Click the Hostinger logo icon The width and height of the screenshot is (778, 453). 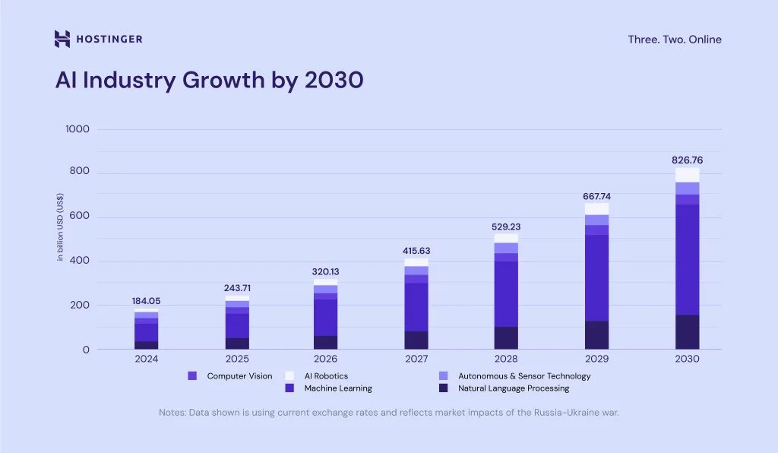click(x=62, y=39)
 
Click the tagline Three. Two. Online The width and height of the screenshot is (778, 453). click(x=675, y=40)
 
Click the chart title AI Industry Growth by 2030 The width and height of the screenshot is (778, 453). click(x=209, y=80)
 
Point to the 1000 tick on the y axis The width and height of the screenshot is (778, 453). click(x=77, y=129)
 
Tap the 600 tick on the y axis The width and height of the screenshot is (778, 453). click(x=80, y=217)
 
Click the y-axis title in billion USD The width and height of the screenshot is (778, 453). click(x=60, y=227)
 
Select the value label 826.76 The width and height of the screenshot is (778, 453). click(x=687, y=160)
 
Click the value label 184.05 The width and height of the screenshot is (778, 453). click(x=146, y=301)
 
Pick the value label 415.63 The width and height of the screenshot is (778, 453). click(x=416, y=251)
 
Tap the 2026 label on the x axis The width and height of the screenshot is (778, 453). click(x=326, y=359)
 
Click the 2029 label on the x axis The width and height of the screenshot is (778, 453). click(x=596, y=359)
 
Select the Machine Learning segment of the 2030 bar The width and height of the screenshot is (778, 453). click(x=687, y=258)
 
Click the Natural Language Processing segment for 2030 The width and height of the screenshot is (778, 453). click(x=687, y=332)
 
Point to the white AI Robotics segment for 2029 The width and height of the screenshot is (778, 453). click(x=596, y=209)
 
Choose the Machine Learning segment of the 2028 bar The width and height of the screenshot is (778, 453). click(x=506, y=293)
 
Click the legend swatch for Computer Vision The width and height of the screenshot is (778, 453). click(x=192, y=375)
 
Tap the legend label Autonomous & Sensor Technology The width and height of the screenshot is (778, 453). click(x=524, y=375)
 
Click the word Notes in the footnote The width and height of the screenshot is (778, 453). click(x=172, y=413)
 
